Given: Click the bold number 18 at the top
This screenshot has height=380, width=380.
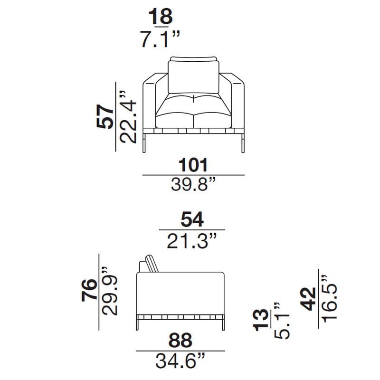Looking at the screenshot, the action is [x=161, y=16].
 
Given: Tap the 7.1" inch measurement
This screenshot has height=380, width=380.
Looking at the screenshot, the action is [x=161, y=39].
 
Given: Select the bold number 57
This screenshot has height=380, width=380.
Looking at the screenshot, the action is [x=105, y=116].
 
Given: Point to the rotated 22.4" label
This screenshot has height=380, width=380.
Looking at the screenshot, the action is [x=128, y=117].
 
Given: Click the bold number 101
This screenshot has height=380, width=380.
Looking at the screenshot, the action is [x=193, y=165].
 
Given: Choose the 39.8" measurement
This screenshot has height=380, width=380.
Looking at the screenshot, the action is [x=193, y=184].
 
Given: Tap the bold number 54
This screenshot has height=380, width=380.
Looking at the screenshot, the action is [x=192, y=219].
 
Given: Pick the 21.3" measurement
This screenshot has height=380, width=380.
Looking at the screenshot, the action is [x=191, y=241].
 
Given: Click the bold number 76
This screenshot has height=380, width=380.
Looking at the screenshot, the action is [x=89, y=290].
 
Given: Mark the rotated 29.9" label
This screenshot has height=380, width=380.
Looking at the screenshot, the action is [x=109, y=291].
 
